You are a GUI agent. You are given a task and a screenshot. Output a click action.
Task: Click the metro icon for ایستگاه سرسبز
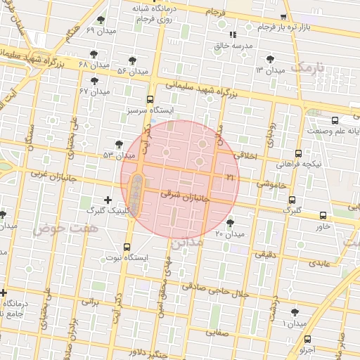[x=150, y=100]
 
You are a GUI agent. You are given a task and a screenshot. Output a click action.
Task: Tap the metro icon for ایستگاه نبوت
[x=127, y=247]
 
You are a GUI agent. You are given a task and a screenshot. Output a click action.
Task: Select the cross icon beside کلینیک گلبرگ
[x=107, y=200]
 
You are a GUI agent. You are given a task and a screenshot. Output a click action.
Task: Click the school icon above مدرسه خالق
[x=233, y=34]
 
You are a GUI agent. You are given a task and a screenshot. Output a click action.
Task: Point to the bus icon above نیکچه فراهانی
[x=299, y=153]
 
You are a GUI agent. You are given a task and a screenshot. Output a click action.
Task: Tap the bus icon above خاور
[x=323, y=215]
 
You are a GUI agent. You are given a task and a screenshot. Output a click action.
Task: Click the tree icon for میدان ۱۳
[x=271, y=60]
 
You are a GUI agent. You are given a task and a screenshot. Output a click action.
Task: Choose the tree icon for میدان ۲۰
[x=230, y=223]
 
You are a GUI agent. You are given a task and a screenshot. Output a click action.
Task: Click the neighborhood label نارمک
[x=309, y=67]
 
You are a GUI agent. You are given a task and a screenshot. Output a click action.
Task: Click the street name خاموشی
[x=271, y=184]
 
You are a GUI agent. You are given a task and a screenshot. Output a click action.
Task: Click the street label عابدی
[x=318, y=264]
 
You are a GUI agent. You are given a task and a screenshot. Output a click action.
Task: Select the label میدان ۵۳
[x=117, y=155]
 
